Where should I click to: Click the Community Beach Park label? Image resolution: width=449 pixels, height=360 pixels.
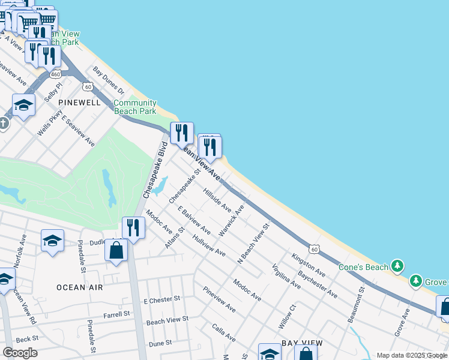[135, 107]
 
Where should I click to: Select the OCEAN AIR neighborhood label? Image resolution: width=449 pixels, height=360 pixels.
[79, 287]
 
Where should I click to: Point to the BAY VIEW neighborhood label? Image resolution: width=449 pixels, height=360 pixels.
[302, 343]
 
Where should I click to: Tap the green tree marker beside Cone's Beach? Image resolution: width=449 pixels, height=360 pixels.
[396, 266]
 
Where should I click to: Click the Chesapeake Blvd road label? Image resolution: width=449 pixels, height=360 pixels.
[154, 171]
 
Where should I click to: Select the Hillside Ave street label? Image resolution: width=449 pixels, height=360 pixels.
[217, 200]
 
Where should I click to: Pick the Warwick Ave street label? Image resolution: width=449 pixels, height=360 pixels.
[231, 220]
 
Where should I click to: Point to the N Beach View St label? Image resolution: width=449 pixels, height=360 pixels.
[254, 242]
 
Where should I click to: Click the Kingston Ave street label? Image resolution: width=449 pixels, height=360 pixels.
[308, 265]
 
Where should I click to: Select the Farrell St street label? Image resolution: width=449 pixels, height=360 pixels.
[117, 314]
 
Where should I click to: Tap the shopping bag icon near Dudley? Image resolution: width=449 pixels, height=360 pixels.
[116, 249]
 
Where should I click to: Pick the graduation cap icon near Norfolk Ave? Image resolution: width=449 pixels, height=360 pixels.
[53, 241]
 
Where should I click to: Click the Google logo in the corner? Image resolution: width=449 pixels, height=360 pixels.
[20, 353]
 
